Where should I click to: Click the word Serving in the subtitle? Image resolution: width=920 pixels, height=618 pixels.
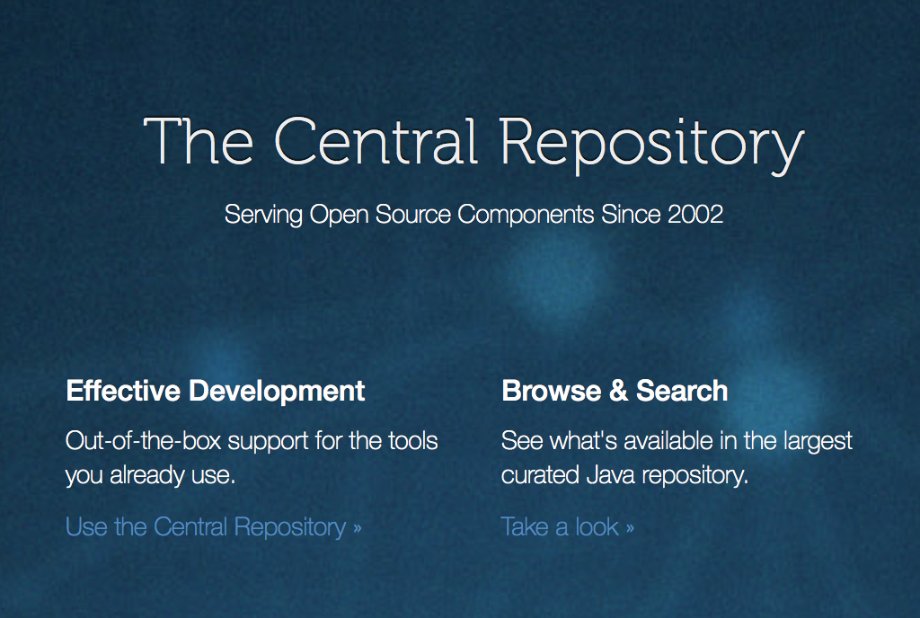pyautogui.click(x=263, y=215)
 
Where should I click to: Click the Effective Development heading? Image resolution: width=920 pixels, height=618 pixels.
pyautogui.click(x=216, y=391)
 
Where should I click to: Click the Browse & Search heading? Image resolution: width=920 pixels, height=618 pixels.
pyautogui.click(x=615, y=391)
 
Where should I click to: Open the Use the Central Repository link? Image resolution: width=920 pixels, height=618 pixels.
pyautogui.click(x=213, y=526)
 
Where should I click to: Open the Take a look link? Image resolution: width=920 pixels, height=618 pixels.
pyautogui.click(x=567, y=526)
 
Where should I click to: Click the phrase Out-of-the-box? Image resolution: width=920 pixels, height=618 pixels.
pyautogui.click(x=144, y=441)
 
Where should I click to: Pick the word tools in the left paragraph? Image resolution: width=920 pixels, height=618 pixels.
pyautogui.click(x=413, y=441)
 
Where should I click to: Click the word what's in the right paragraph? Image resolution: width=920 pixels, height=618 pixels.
pyautogui.click(x=571, y=441)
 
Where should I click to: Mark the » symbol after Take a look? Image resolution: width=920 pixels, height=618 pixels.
pyautogui.click(x=630, y=527)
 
